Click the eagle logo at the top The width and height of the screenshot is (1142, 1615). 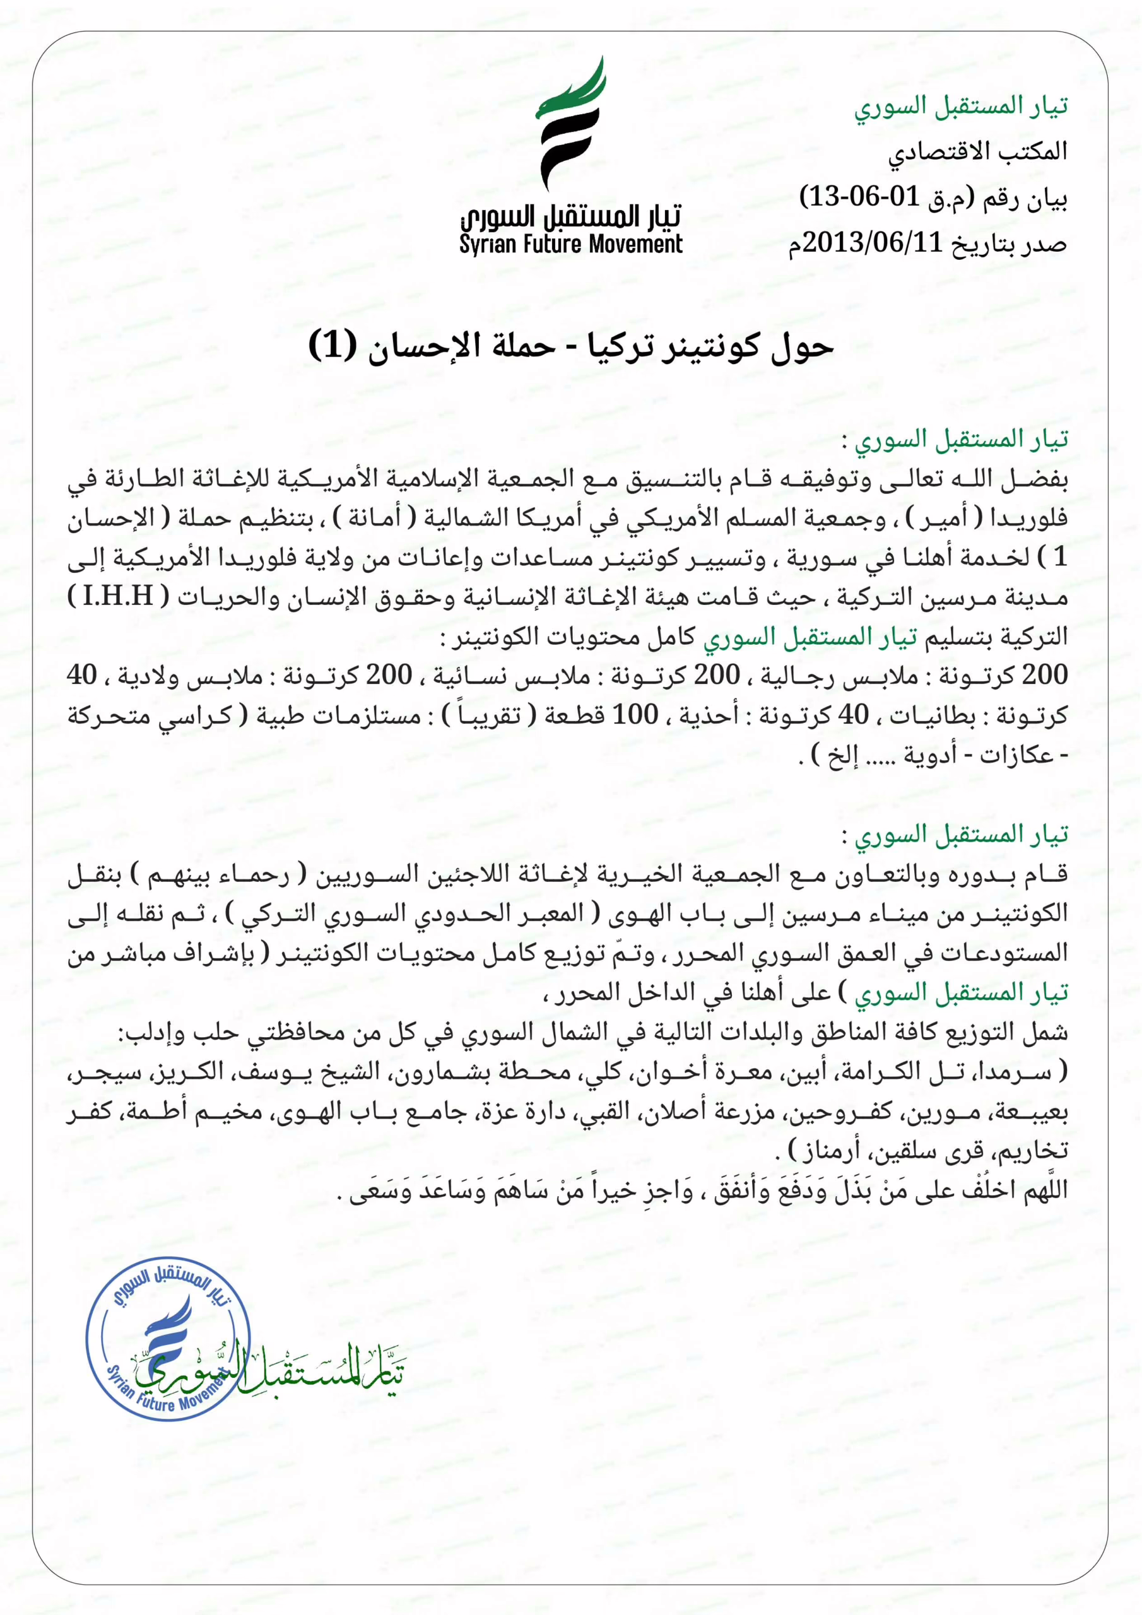click(x=570, y=123)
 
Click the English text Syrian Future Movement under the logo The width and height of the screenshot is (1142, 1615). click(x=570, y=245)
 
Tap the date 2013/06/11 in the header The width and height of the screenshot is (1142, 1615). click(x=873, y=244)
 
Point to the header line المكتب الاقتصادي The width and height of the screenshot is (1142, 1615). click(x=977, y=151)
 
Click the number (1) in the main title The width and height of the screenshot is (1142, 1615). click(x=333, y=345)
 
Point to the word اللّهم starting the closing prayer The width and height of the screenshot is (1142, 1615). click(x=1045, y=1190)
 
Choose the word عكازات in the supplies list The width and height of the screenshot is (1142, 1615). click(x=1016, y=755)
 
